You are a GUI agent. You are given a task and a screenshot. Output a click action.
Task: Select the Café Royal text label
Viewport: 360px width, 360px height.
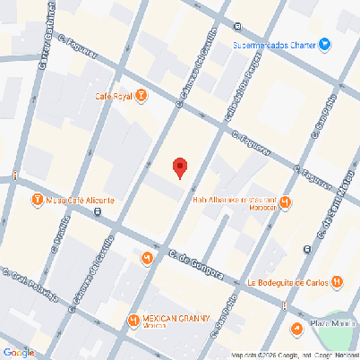(x=114, y=96)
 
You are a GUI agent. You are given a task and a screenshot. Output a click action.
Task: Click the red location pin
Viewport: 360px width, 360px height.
(x=180, y=167)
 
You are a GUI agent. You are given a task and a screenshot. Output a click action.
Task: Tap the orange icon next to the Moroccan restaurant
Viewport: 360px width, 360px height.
(x=285, y=201)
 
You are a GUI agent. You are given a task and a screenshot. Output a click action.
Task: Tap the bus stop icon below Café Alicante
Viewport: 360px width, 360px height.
(x=97, y=212)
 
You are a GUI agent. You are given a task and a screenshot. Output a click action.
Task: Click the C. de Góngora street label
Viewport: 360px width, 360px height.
(x=194, y=265)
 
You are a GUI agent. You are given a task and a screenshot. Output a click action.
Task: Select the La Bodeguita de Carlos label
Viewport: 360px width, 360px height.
(x=287, y=282)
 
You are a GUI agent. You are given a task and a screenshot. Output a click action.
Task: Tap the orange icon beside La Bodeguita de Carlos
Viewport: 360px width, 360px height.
(x=336, y=282)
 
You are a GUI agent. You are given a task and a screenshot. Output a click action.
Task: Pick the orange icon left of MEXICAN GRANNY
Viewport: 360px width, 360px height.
(x=133, y=319)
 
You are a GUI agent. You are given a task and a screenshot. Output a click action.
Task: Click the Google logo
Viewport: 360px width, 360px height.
(x=18, y=352)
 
